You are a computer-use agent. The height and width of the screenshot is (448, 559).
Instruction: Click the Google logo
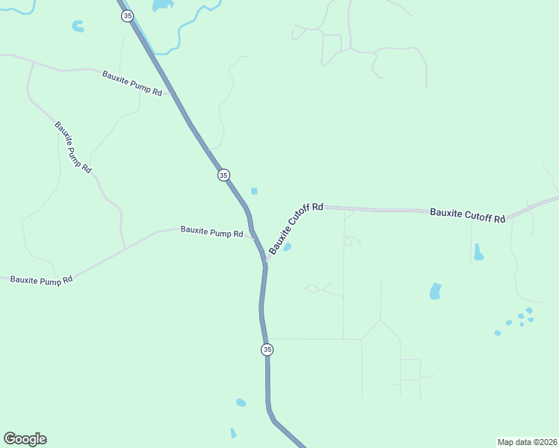click(25, 439)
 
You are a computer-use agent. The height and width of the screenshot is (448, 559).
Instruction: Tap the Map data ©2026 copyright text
click(527, 442)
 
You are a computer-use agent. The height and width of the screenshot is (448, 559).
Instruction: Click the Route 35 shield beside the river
click(128, 16)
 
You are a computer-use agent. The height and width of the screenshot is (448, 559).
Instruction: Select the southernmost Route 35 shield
click(267, 349)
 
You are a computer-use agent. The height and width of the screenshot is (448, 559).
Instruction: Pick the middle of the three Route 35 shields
click(223, 175)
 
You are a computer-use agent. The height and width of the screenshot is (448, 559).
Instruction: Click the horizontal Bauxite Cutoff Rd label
click(468, 215)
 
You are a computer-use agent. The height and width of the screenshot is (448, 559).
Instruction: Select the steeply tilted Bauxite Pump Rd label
click(72, 147)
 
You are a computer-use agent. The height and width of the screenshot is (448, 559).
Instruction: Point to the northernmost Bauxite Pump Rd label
click(132, 82)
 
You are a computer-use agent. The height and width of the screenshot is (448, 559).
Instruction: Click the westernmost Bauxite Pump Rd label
click(41, 280)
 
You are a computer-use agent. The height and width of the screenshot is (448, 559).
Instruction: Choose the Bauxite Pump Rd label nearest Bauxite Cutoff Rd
click(211, 232)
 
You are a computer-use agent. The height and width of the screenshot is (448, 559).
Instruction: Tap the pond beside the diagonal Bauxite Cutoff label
click(287, 247)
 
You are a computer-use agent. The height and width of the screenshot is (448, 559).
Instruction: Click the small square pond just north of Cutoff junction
click(254, 191)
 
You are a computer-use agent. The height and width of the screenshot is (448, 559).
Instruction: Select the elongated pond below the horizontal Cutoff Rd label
click(478, 254)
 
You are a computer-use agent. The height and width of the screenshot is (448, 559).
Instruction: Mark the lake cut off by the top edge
click(162, 5)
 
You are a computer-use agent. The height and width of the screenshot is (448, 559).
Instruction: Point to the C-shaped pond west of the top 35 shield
click(78, 27)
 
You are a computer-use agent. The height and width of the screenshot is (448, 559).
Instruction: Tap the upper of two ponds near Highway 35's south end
click(241, 402)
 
